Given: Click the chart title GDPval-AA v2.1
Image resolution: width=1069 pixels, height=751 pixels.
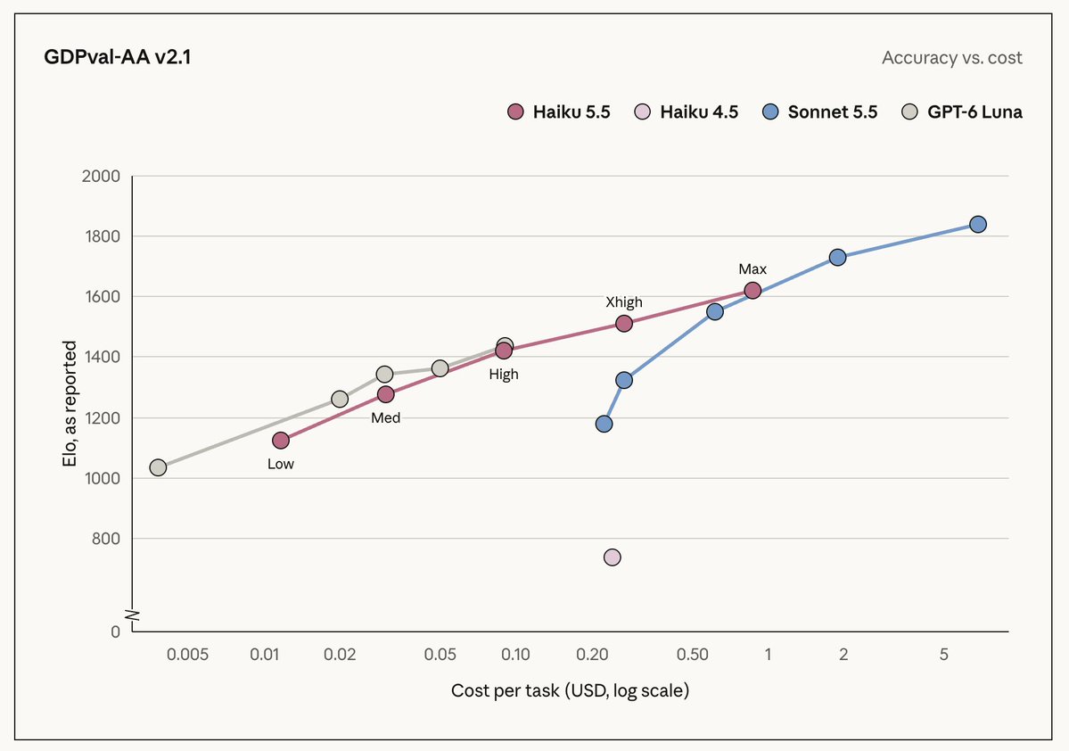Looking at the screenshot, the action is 118,56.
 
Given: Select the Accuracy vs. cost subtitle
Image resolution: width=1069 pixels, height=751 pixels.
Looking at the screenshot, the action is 951,58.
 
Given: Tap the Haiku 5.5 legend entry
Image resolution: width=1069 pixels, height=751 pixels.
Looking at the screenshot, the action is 558,111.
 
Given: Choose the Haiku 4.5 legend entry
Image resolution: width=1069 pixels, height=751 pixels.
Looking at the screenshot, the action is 686,111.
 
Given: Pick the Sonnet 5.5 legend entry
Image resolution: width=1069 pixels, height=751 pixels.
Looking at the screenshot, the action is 819,111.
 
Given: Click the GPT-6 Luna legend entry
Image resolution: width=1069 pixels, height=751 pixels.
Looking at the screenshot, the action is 962,111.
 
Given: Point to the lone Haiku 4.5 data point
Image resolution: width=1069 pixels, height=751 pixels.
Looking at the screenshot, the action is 613,557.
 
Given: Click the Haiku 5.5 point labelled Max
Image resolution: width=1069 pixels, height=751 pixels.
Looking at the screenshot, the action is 752,291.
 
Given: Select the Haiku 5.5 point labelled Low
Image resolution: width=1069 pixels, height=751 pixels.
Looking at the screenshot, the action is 281,441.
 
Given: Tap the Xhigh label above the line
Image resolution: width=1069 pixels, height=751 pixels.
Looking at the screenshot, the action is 624,302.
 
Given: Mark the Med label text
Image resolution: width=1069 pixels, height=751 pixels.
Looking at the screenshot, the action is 386,418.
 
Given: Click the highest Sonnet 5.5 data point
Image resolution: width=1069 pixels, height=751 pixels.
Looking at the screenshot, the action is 978,225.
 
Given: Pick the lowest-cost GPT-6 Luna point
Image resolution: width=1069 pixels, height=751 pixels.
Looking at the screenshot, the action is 158,467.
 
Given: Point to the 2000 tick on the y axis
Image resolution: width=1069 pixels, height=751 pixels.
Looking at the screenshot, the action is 101,176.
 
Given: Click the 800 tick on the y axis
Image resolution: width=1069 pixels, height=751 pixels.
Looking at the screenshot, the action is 106,539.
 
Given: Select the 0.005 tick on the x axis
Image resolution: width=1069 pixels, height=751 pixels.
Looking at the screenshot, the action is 187,655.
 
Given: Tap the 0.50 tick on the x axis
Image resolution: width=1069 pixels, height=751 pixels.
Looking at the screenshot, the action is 693,655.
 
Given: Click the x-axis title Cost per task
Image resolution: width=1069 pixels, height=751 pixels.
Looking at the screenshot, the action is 570,691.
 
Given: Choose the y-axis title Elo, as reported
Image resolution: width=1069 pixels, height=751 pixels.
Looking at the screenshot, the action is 70,404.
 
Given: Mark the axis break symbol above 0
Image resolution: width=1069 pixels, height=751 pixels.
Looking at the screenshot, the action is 134,616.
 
